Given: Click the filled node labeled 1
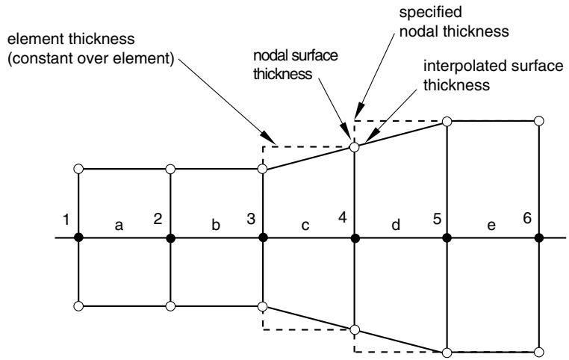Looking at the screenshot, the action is click(78, 238).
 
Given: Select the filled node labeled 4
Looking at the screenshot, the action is click(355, 238).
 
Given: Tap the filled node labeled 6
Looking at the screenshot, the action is click(539, 238).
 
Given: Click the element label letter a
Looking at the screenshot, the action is click(119, 226).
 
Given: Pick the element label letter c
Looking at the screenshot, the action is click(305, 226).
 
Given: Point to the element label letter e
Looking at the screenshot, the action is click(491, 226).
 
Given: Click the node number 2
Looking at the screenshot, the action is click(158, 219).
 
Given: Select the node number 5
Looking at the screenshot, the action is click(437, 219).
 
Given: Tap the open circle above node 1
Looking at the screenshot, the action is click(78, 169).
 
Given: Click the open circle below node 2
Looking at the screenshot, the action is click(170, 306).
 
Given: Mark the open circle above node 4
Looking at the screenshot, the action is click(355, 147).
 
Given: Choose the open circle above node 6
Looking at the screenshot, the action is click(539, 121).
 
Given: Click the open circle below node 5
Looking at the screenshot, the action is click(447, 352).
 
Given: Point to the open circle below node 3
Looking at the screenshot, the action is click(262, 306).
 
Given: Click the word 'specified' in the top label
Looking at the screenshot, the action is click(430, 13).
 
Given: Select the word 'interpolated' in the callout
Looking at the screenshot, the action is click(462, 66).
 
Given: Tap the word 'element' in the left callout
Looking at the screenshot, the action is click(36, 39).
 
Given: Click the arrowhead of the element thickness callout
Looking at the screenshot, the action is click(270, 138).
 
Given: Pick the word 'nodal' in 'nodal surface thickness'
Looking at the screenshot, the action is click(270, 55).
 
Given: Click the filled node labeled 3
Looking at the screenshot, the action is click(263, 238).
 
